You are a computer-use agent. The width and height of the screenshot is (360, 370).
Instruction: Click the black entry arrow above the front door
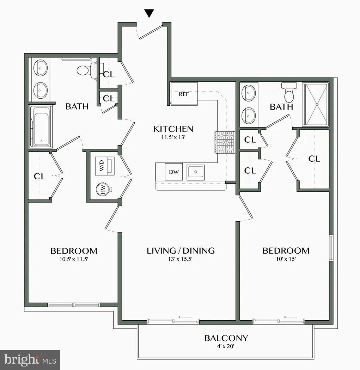[x=150, y=13]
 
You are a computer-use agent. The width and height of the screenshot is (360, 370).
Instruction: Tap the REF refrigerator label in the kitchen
[x=183, y=94]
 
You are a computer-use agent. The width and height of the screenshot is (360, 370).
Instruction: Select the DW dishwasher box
[x=174, y=172]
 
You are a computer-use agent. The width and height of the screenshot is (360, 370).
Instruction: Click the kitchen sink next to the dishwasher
[x=195, y=172]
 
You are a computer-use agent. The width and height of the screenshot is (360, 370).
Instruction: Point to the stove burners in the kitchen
[x=224, y=142]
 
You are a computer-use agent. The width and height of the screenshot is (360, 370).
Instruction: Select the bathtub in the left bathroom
[x=42, y=126]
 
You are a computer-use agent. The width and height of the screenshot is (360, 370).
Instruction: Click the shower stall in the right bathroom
[x=316, y=104]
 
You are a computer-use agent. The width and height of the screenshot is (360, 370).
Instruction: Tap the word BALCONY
[x=226, y=338]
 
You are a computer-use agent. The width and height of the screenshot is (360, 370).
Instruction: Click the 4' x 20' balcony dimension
[x=226, y=347]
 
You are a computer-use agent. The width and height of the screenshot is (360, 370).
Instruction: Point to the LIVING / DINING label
[x=181, y=251]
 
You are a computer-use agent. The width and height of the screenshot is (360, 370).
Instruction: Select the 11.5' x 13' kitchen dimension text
[x=173, y=137]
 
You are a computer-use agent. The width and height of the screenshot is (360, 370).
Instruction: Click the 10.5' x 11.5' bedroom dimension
[x=74, y=260]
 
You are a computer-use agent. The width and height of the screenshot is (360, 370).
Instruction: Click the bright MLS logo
[x=30, y=360]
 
